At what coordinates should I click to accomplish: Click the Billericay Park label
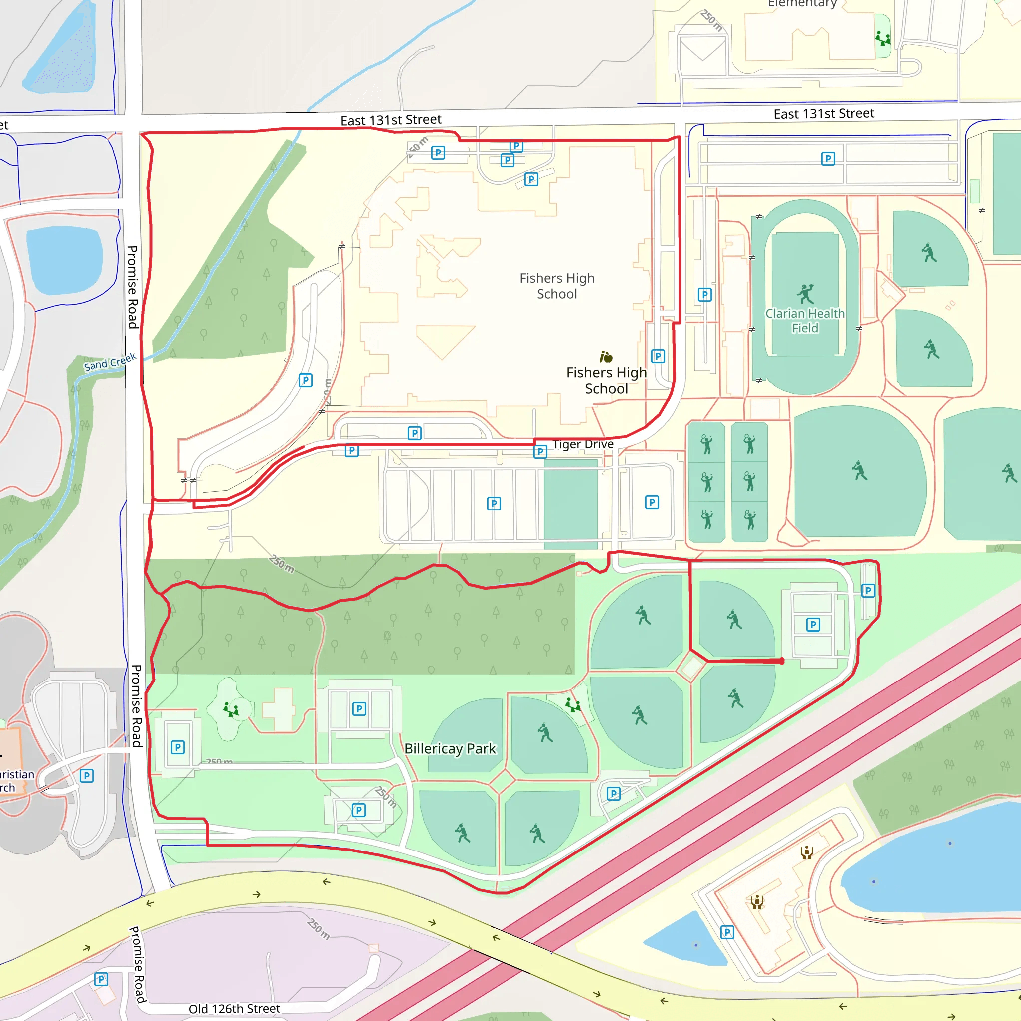[x=450, y=748]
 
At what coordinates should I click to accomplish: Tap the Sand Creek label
[x=110, y=362]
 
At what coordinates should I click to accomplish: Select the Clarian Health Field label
[x=805, y=320]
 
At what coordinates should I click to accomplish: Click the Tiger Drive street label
[x=583, y=444]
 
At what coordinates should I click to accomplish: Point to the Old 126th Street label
[x=234, y=1009]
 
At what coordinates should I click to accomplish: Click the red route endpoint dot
[x=782, y=661]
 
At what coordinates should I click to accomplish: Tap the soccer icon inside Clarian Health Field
[x=805, y=294]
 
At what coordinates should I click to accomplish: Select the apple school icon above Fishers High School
[x=606, y=357]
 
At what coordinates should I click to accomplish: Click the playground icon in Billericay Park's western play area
[x=231, y=709]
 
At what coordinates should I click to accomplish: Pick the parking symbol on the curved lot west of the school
[x=306, y=380]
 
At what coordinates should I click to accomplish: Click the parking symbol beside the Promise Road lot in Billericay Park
[x=178, y=747]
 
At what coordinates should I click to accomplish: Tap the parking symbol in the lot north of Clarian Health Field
[x=828, y=158]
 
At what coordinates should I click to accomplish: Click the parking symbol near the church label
[x=87, y=775]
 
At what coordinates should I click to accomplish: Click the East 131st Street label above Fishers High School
[x=390, y=120]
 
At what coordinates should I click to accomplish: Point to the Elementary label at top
[x=802, y=4]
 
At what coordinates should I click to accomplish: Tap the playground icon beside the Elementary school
[x=882, y=38]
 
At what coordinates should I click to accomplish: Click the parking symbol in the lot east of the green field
[x=652, y=502]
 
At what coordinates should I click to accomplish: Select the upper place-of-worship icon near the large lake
[x=806, y=852]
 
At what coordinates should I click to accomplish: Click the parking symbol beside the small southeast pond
[x=727, y=932]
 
